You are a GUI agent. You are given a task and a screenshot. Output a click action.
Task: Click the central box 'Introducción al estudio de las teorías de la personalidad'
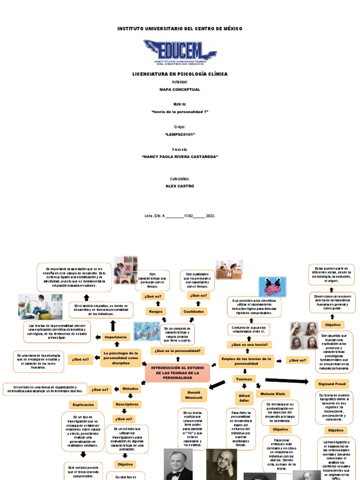[178, 373]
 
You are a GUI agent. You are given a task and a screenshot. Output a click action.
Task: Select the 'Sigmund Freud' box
[332, 384]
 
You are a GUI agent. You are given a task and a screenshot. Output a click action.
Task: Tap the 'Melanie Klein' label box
[273, 394]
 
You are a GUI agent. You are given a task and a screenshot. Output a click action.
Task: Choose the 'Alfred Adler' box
[244, 398]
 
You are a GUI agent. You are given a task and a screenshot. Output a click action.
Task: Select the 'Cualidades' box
[193, 311]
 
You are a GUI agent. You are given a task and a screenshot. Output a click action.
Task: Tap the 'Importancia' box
[115, 337]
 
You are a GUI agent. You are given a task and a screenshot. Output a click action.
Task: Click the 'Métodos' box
[130, 389]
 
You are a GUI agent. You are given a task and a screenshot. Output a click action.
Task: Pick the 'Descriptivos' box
[127, 404]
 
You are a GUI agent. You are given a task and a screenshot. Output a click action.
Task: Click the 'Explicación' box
[83, 405]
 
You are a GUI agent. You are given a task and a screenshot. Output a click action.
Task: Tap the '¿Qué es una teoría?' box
[249, 345]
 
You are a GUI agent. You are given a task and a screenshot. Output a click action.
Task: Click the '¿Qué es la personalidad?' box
[178, 351]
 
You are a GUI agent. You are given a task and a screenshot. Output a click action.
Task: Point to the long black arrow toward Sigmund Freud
[286, 381]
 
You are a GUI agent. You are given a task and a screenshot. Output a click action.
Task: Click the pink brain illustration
[272, 286]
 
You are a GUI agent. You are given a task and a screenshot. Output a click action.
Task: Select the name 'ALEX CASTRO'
[180, 186]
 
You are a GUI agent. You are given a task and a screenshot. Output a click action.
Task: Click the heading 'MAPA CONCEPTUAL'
[180, 90]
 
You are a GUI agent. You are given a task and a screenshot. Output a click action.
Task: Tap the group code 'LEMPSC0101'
[180, 135]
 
